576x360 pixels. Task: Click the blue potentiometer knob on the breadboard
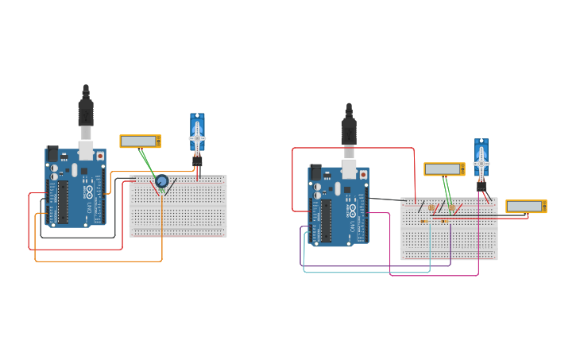162,181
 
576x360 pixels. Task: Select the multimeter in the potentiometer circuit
140,141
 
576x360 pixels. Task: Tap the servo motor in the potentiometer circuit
197,133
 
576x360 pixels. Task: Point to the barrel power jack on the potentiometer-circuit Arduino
52,153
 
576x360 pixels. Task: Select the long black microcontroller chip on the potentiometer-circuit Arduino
63,202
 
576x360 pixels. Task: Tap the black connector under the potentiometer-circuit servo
197,160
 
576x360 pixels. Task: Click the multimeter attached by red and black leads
526,207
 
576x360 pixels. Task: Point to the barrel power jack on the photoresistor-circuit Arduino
315,172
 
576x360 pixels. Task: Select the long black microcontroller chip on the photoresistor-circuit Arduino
326,221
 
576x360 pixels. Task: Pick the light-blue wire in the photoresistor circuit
365,272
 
